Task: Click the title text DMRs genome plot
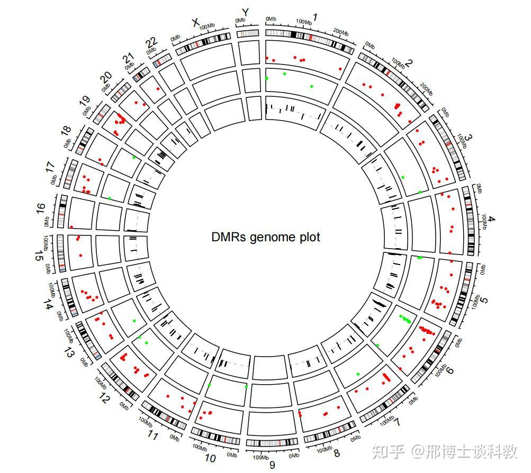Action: tap(265, 237)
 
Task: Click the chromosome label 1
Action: tap(316, 17)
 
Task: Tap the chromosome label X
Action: tap(195, 22)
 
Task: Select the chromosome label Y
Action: tap(245, 11)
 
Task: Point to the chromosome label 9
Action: tap(272, 465)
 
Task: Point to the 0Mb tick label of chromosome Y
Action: tap(240, 21)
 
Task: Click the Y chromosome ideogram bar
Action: tap(248, 33)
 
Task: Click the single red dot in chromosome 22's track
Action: tap(158, 89)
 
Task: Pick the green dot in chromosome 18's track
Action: tap(134, 158)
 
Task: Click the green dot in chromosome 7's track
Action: tap(358, 374)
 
